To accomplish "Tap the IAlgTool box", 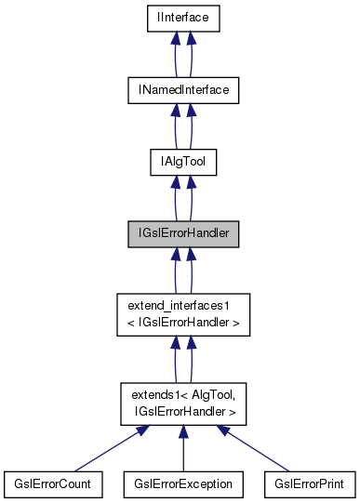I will pos(183,161).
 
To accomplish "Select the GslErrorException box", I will pos(183,483).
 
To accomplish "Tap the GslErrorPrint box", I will pos(310,483).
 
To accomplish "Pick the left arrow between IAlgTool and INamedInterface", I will pos(174,126).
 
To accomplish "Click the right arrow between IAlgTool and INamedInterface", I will pos(193,126).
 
